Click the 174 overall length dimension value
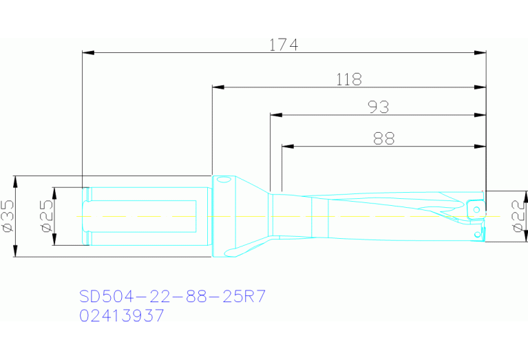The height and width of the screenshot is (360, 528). [x=283, y=45]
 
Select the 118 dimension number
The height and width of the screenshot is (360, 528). [x=348, y=80]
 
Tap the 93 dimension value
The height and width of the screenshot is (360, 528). [x=378, y=107]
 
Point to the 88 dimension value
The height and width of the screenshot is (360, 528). [x=383, y=138]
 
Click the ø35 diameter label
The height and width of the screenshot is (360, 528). [x=8, y=215]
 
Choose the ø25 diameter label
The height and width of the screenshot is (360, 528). [x=45, y=216]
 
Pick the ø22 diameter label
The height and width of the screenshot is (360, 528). [x=516, y=216]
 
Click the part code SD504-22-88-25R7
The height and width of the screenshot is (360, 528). [x=172, y=297]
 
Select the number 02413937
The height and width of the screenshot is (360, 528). [x=122, y=316]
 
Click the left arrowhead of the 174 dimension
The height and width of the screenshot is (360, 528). [x=87, y=52]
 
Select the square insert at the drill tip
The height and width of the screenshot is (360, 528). [x=475, y=207]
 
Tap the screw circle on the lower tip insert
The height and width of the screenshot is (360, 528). [x=477, y=234]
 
